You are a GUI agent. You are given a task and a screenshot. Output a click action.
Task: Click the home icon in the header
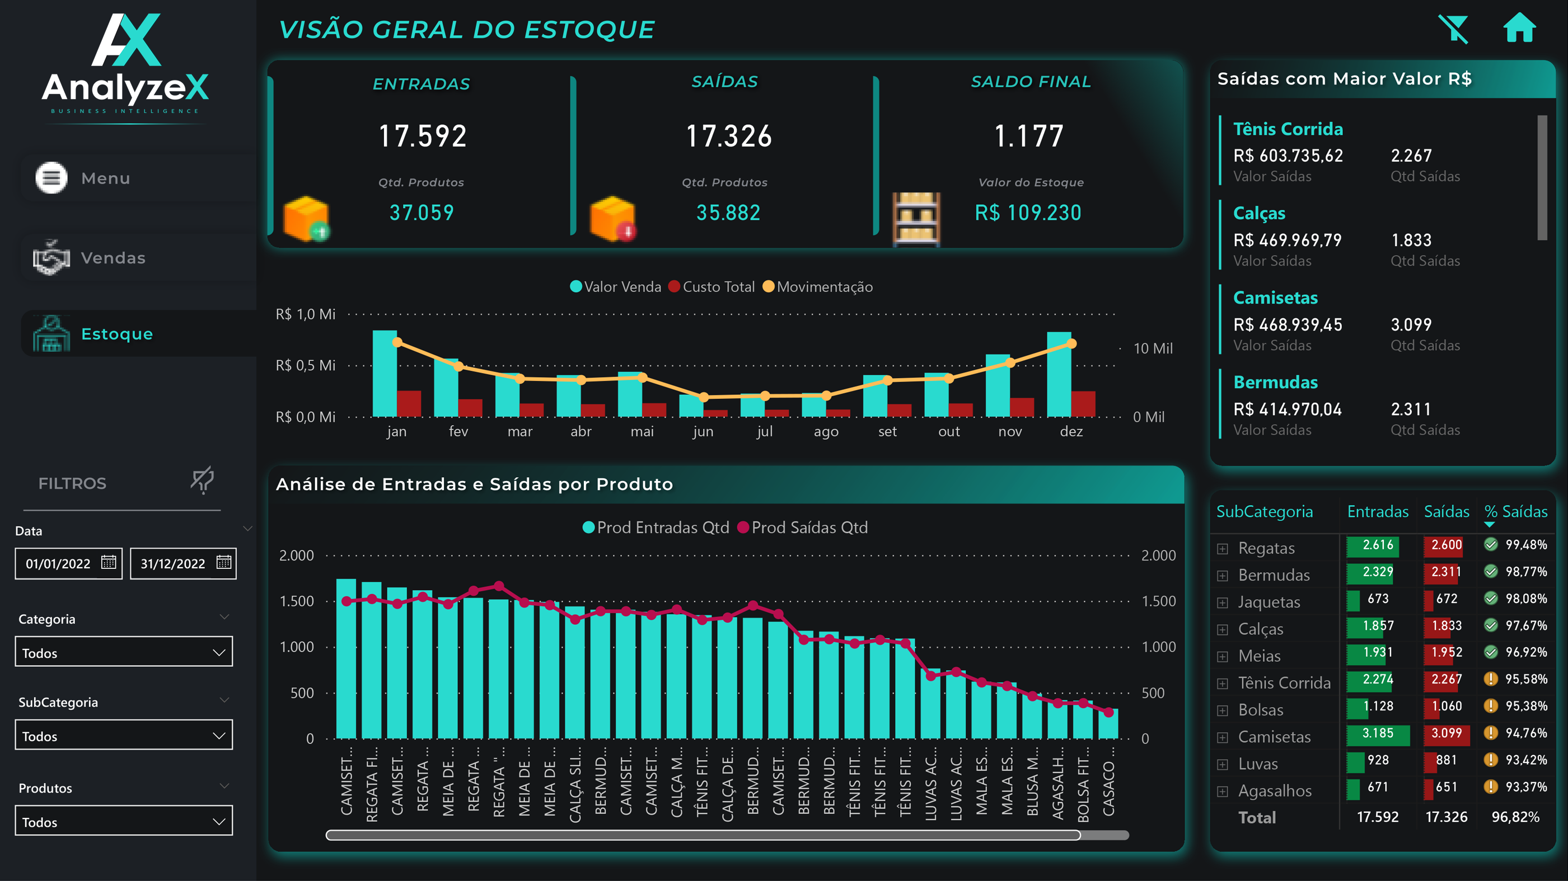(1519, 28)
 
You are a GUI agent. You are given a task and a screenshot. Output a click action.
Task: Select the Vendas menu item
(113, 258)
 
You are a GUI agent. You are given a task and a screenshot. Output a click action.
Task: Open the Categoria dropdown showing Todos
(124, 652)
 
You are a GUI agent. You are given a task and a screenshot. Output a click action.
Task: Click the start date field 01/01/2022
(58, 563)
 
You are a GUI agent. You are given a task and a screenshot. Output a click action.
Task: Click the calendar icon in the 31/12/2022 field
(224, 562)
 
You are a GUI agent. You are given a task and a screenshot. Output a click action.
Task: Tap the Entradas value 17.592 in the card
(423, 136)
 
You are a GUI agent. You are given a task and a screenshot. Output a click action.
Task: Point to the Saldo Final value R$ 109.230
(1028, 213)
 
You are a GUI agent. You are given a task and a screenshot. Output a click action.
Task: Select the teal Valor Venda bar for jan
(384, 374)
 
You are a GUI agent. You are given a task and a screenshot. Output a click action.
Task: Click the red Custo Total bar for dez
(1083, 404)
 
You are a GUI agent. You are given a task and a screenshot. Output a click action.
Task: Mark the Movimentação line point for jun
(704, 397)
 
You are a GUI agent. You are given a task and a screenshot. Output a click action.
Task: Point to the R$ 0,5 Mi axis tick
(306, 365)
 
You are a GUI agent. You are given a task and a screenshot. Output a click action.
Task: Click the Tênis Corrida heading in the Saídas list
(1288, 129)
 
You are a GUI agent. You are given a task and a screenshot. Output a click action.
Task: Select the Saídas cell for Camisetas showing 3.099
(1447, 733)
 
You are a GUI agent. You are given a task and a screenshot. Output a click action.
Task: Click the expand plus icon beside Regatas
(1222, 549)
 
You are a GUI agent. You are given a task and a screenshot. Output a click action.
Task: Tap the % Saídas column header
(1515, 512)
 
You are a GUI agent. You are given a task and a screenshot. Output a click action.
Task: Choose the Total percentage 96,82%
(1515, 817)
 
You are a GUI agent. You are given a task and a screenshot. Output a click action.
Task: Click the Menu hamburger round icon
(51, 178)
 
